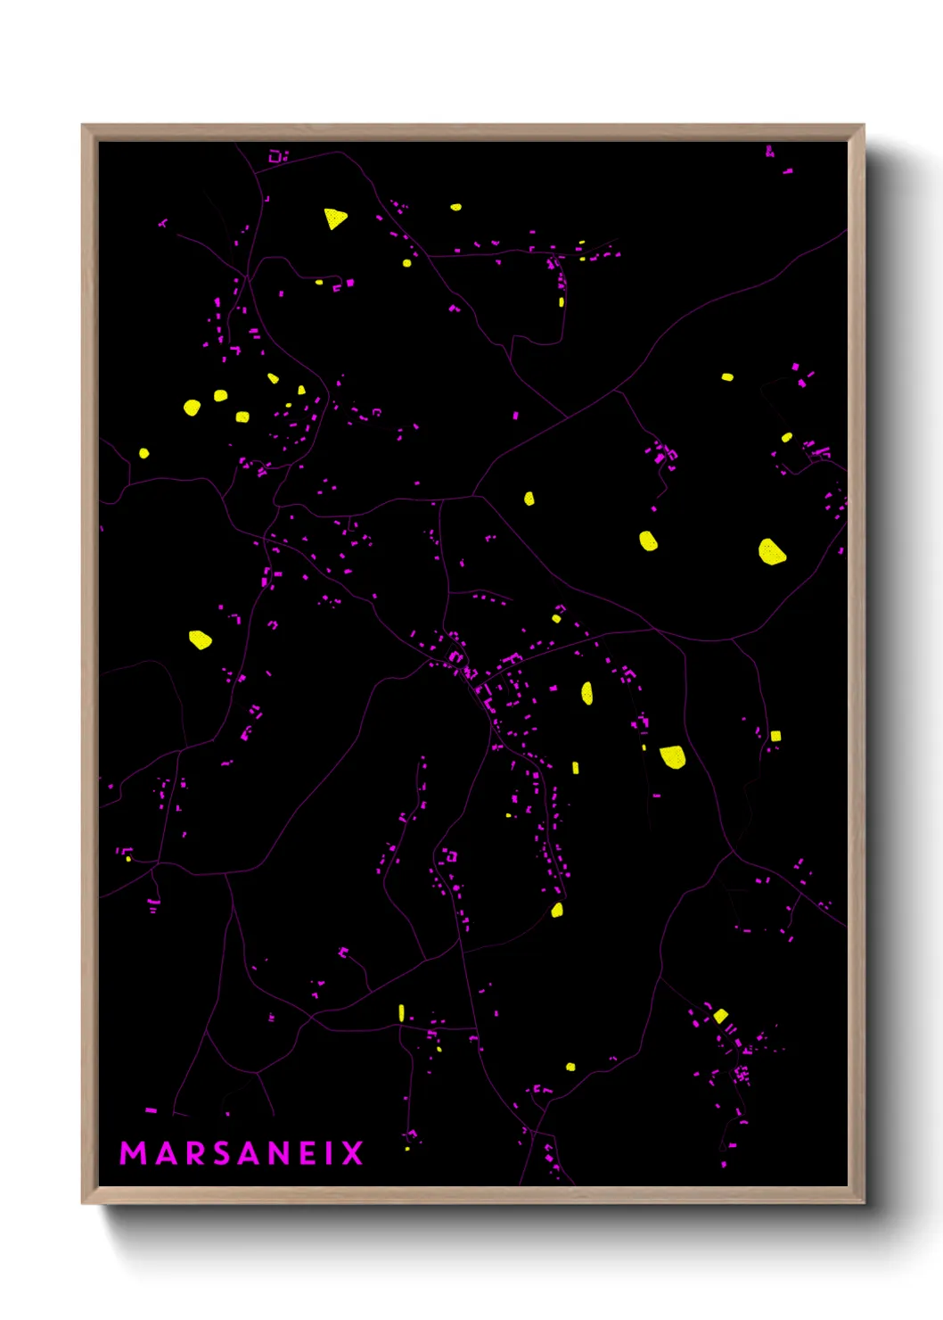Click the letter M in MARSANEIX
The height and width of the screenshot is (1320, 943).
(133, 1153)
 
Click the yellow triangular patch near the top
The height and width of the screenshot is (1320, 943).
(334, 218)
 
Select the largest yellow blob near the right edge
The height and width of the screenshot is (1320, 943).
(771, 551)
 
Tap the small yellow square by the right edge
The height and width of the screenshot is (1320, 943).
(775, 736)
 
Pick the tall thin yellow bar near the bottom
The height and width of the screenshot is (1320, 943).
(401, 1011)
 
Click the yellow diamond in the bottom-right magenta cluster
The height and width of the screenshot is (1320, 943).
(720, 1015)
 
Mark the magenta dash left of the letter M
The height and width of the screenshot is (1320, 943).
(151, 1110)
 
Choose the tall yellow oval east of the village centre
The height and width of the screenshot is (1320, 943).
(586, 693)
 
